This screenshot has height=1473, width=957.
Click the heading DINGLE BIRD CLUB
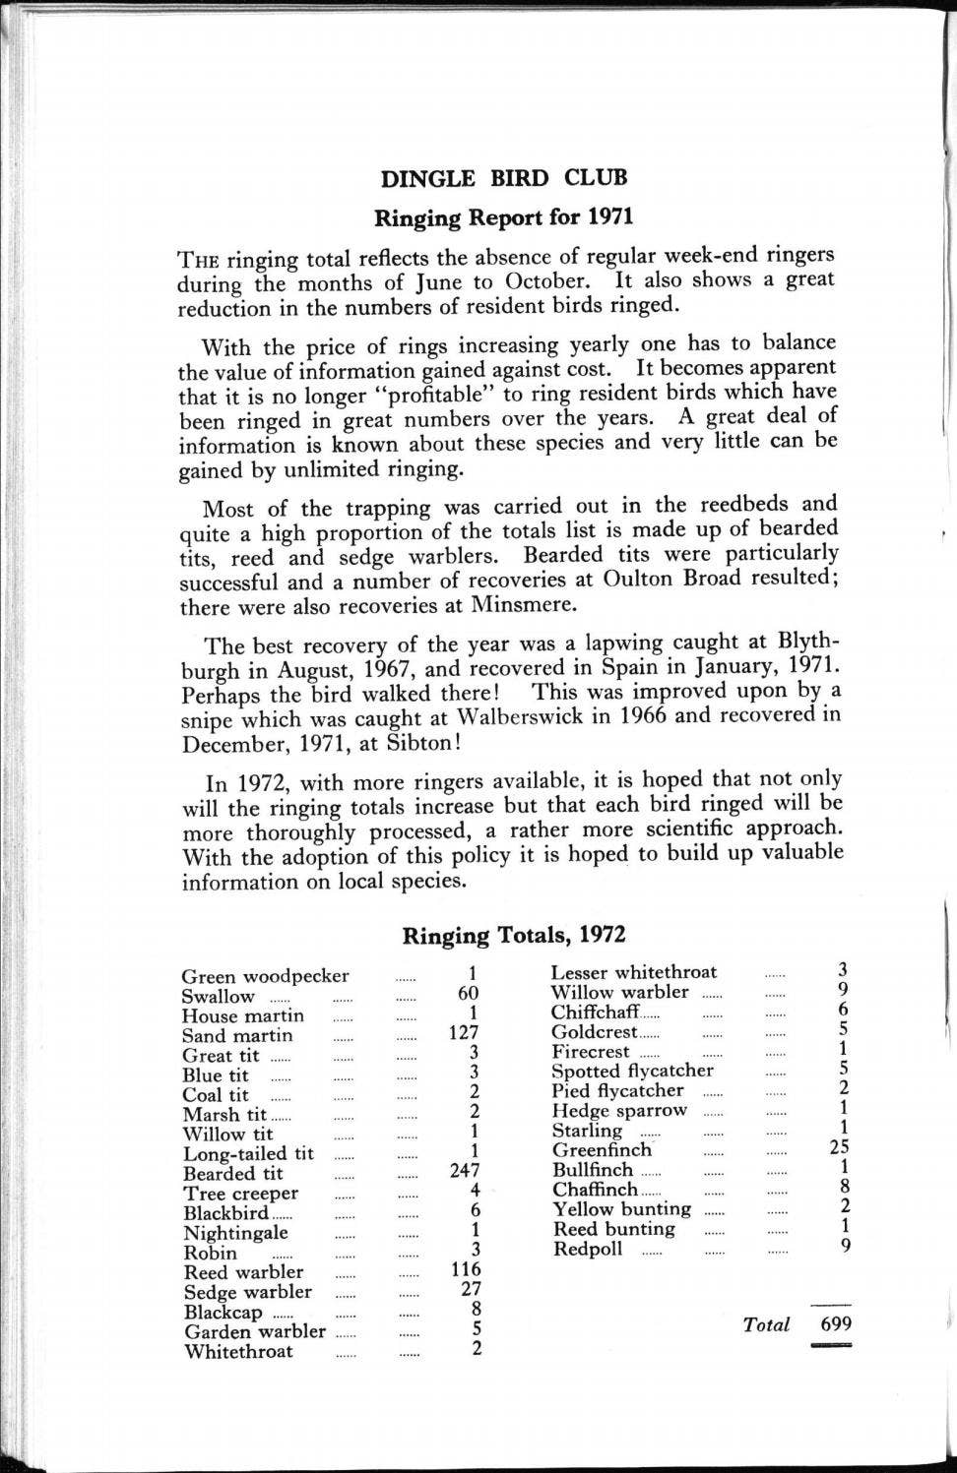pos(503,178)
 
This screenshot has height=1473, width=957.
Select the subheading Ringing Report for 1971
pos(503,216)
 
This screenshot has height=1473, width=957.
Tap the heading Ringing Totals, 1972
pos(513,935)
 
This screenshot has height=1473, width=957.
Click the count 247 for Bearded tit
pos(464,1172)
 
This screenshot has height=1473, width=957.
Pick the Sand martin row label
pos(237,1035)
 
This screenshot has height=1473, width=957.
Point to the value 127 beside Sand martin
pos(463,1032)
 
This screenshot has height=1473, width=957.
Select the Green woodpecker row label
pos(265,976)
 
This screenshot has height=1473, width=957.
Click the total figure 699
pos(836,1323)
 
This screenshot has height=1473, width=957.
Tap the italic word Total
pos(766,1324)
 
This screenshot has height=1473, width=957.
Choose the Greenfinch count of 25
pos(839,1146)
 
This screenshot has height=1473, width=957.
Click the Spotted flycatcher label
pos(632,1071)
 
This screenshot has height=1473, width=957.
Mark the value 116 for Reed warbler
pos(466,1270)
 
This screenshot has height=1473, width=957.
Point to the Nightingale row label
pos(235,1233)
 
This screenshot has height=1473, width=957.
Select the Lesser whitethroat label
pos(633,972)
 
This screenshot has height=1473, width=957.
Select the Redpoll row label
pos(588,1249)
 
